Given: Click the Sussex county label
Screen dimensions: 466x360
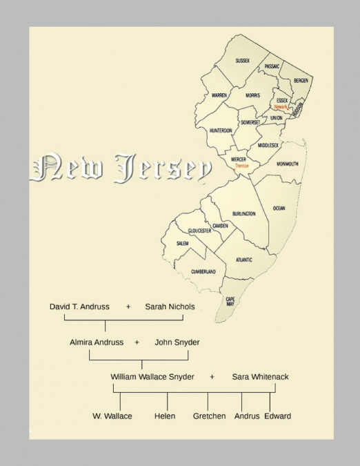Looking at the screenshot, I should pos(242,61).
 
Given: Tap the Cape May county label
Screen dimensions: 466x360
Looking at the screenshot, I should pos(230,302).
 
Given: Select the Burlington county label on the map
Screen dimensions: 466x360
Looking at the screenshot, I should pos(244,214).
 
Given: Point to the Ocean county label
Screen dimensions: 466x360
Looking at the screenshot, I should pos(279,208).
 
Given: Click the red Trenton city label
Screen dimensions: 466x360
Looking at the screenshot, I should pos(241,166).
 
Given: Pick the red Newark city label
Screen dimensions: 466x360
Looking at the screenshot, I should pos(281,107).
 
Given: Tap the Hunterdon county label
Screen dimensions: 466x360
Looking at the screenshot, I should pos(221,130).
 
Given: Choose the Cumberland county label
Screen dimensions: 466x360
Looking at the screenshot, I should pos(203,271).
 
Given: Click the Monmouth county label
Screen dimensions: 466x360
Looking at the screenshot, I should pos(287,164).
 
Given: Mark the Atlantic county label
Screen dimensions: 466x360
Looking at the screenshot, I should pos(243,260).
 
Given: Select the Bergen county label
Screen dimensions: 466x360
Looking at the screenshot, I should pos(301,81).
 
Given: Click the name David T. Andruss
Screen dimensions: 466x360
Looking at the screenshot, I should pos(79,307).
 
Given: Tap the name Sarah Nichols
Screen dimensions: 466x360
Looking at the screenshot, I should pos(170,307).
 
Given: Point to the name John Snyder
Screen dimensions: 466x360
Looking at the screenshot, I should pos(177,342).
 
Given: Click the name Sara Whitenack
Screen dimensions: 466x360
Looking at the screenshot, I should pos(260,377).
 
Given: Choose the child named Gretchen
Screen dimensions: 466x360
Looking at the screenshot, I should pos(209,416).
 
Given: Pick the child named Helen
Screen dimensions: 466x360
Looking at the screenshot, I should pos(165,416).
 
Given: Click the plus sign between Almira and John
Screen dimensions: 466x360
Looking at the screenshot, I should pos(137,342).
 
